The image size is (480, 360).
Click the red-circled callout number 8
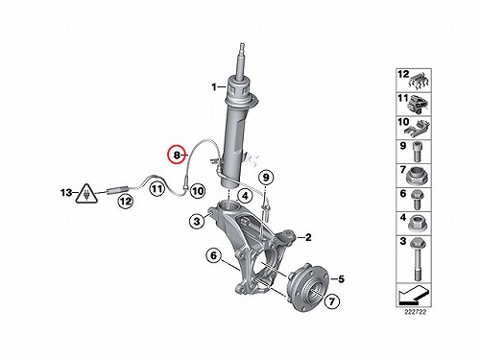pyautogui.click(x=177, y=155)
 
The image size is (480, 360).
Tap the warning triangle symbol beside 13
pyautogui.click(x=86, y=194)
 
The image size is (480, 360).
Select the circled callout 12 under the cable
pyautogui.click(x=125, y=202)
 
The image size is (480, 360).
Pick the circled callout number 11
pyautogui.click(x=156, y=188)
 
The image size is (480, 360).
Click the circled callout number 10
pyautogui.click(x=198, y=191)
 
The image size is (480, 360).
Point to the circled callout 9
pyautogui.click(x=266, y=178)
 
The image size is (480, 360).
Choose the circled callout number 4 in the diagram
pyautogui.click(x=245, y=196)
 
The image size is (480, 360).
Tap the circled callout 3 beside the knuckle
pyautogui.click(x=197, y=221)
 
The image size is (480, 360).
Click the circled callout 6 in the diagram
pyautogui.click(x=214, y=255)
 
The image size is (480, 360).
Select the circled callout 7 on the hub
pyautogui.click(x=332, y=301)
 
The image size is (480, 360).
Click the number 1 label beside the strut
pyautogui.click(x=214, y=86)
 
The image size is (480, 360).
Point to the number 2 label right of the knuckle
pyautogui.click(x=308, y=237)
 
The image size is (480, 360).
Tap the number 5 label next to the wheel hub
pyautogui.click(x=342, y=279)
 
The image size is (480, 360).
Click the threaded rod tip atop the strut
pyautogui.click(x=242, y=46)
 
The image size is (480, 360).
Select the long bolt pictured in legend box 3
pyautogui.click(x=417, y=259)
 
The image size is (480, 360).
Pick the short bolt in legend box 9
pyautogui.click(x=418, y=152)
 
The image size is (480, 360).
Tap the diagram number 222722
pyautogui.click(x=414, y=312)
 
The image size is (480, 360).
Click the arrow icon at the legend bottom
pyautogui.click(x=413, y=296)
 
